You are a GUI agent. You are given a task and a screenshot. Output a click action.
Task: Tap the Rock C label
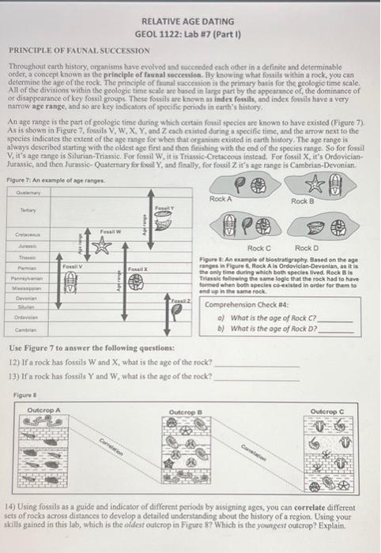(260, 249)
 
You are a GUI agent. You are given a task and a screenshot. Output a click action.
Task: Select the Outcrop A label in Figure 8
(44, 411)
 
